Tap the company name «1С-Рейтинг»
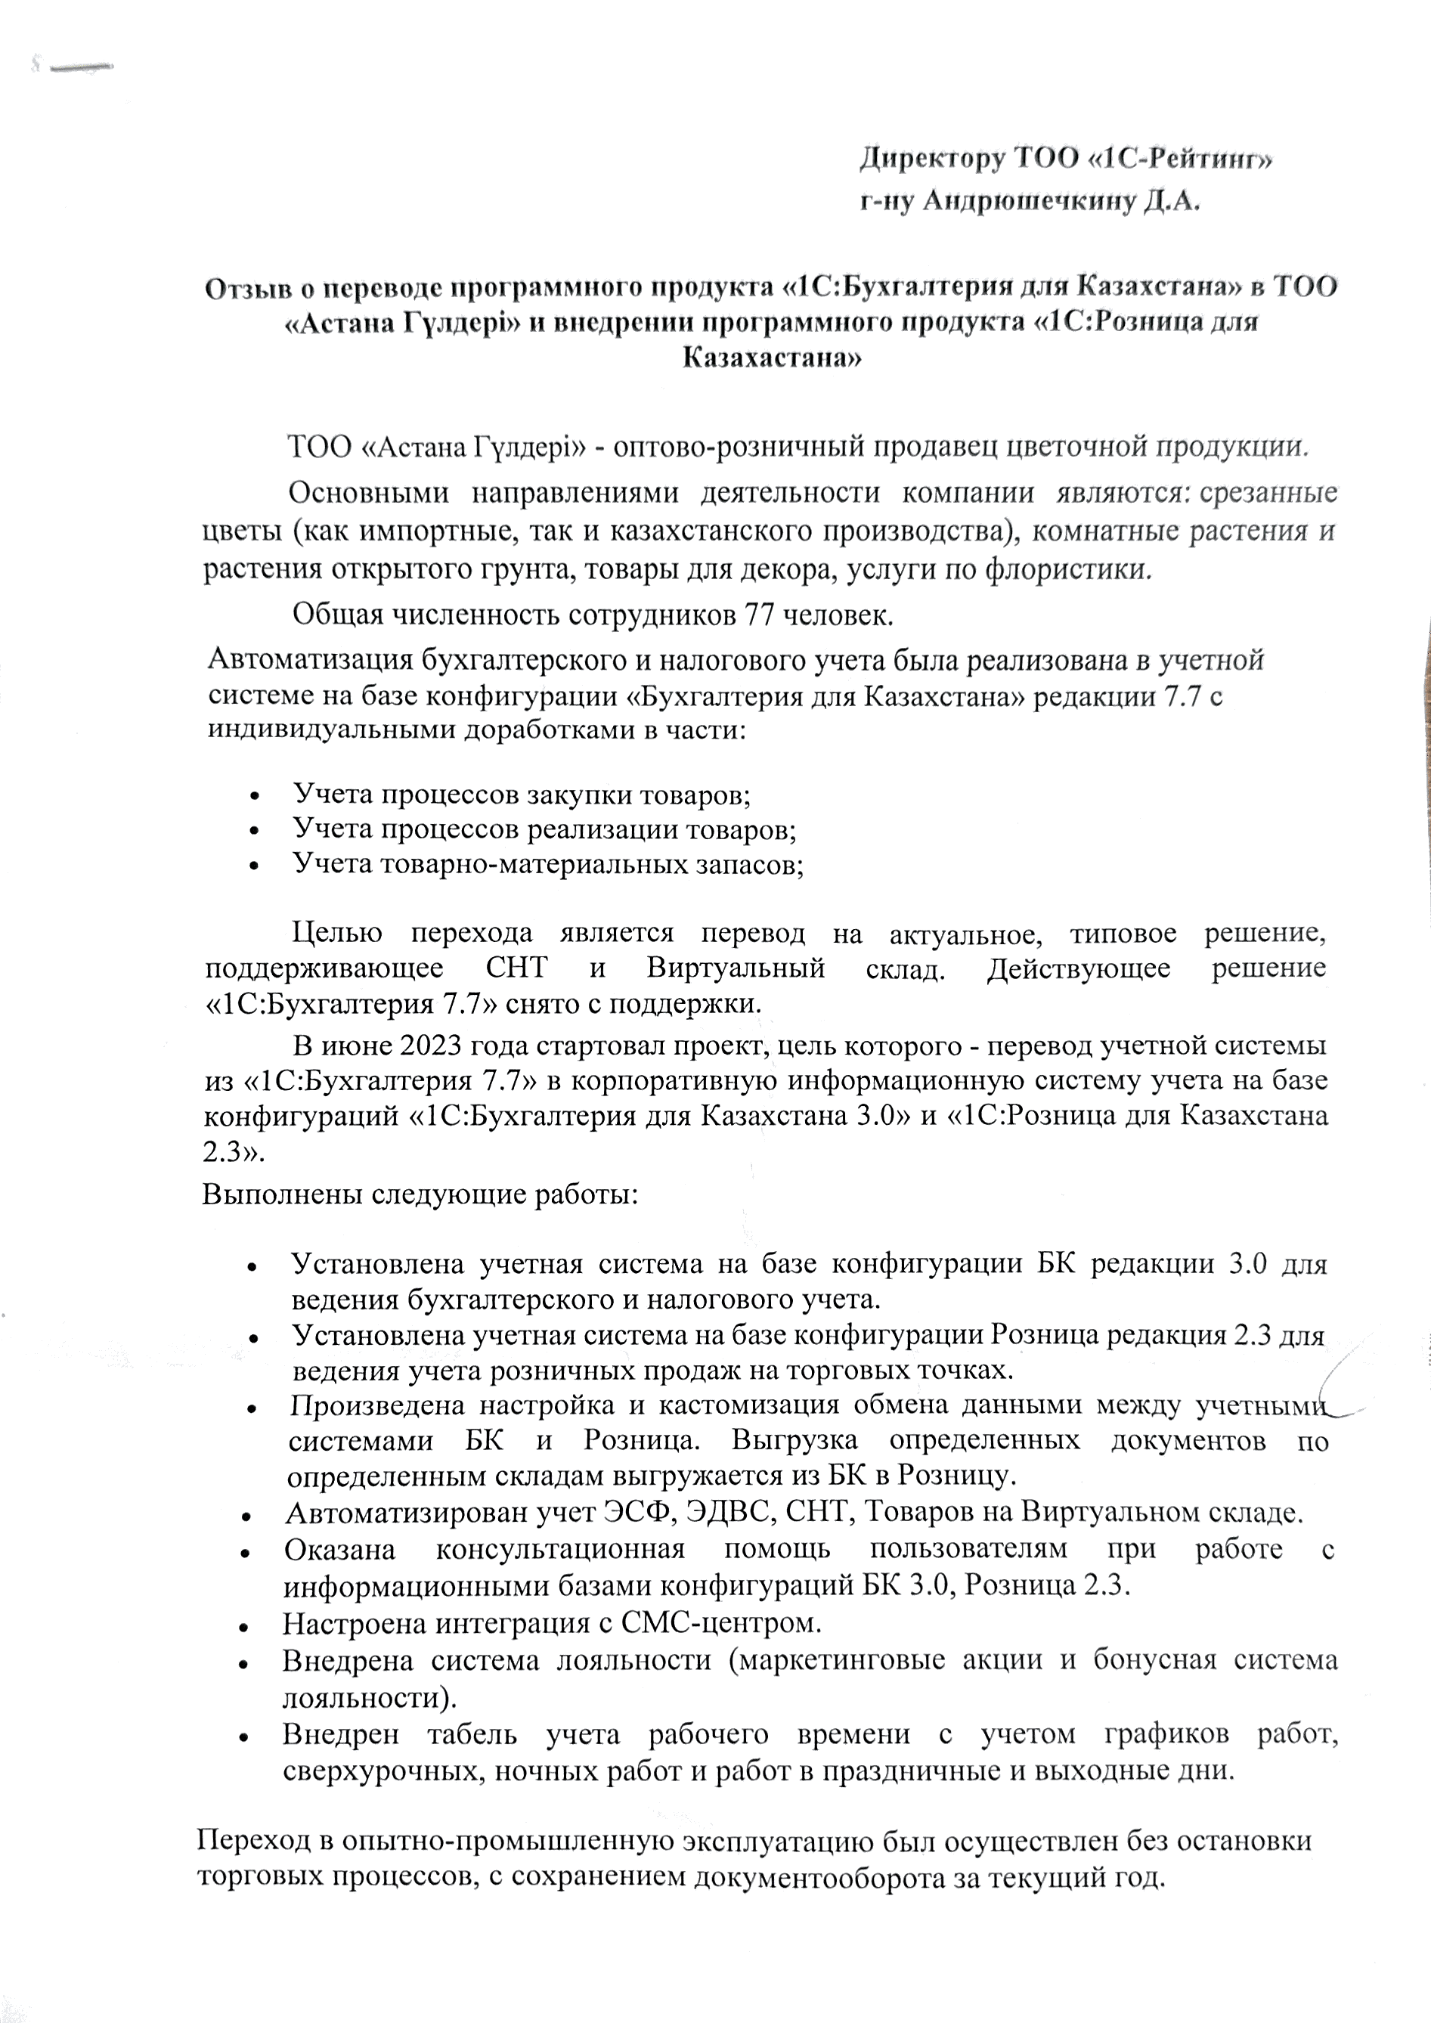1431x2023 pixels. (x=1181, y=160)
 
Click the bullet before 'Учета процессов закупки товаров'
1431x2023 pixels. (x=255, y=795)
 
